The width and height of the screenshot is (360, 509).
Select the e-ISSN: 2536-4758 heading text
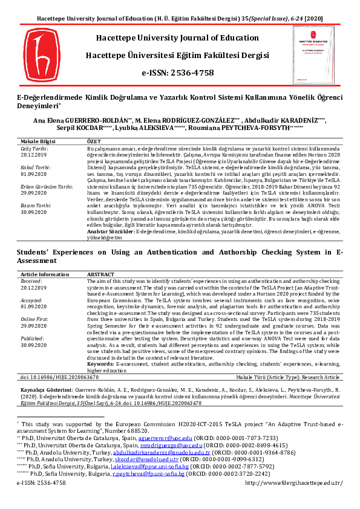pyautogui.click(x=177, y=73)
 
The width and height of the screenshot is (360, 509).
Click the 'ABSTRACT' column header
pyautogui.click(x=100, y=274)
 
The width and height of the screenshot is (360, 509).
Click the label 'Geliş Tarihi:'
pyautogui.click(x=34, y=148)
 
